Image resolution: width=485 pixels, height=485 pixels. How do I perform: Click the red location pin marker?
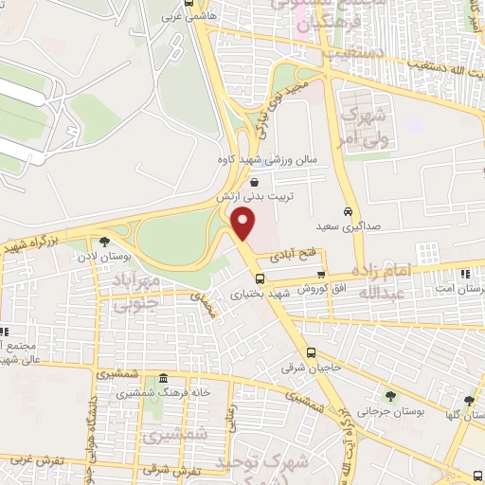tap(244, 225)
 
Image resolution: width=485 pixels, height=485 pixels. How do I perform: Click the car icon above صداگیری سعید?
tap(349, 210)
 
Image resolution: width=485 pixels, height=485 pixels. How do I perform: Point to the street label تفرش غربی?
tap(38, 461)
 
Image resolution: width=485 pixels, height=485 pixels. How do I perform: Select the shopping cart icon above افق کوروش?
tap(322, 275)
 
